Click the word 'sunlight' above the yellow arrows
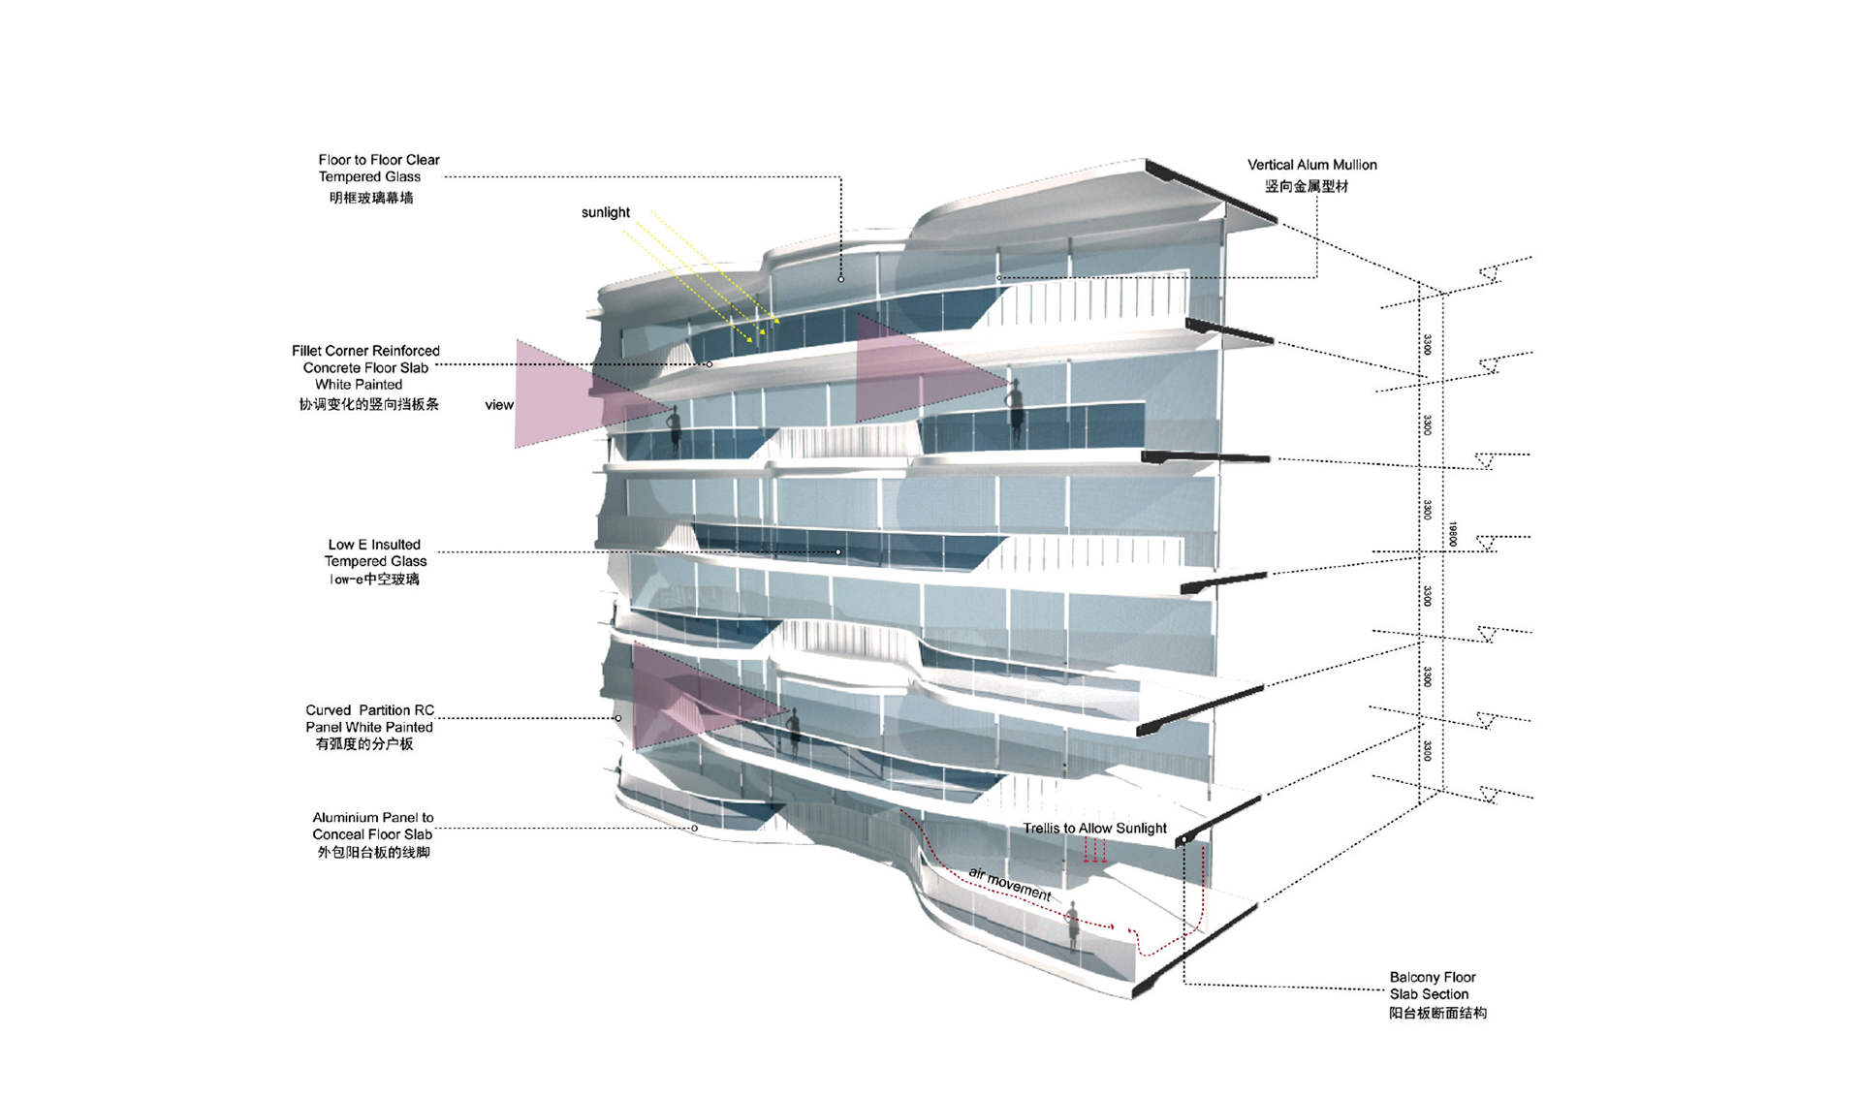[605, 212]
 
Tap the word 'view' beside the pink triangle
[499, 405]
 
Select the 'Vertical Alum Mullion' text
[1311, 165]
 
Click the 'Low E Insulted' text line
[374, 545]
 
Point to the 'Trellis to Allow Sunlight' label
[1094, 828]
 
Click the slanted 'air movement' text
[1009, 884]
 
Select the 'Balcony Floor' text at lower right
[1432, 977]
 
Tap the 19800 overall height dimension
[1452, 534]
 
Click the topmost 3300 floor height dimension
[1427, 344]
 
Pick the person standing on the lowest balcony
[1073, 926]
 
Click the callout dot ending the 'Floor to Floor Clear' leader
[840, 279]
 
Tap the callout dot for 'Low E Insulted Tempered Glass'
[838, 552]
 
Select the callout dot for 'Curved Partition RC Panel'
[618, 718]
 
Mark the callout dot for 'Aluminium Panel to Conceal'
[695, 829]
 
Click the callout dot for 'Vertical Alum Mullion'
[999, 278]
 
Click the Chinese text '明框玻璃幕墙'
[371, 198]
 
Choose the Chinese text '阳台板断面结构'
[1437, 1013]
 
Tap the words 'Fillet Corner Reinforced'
[365, 351]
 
